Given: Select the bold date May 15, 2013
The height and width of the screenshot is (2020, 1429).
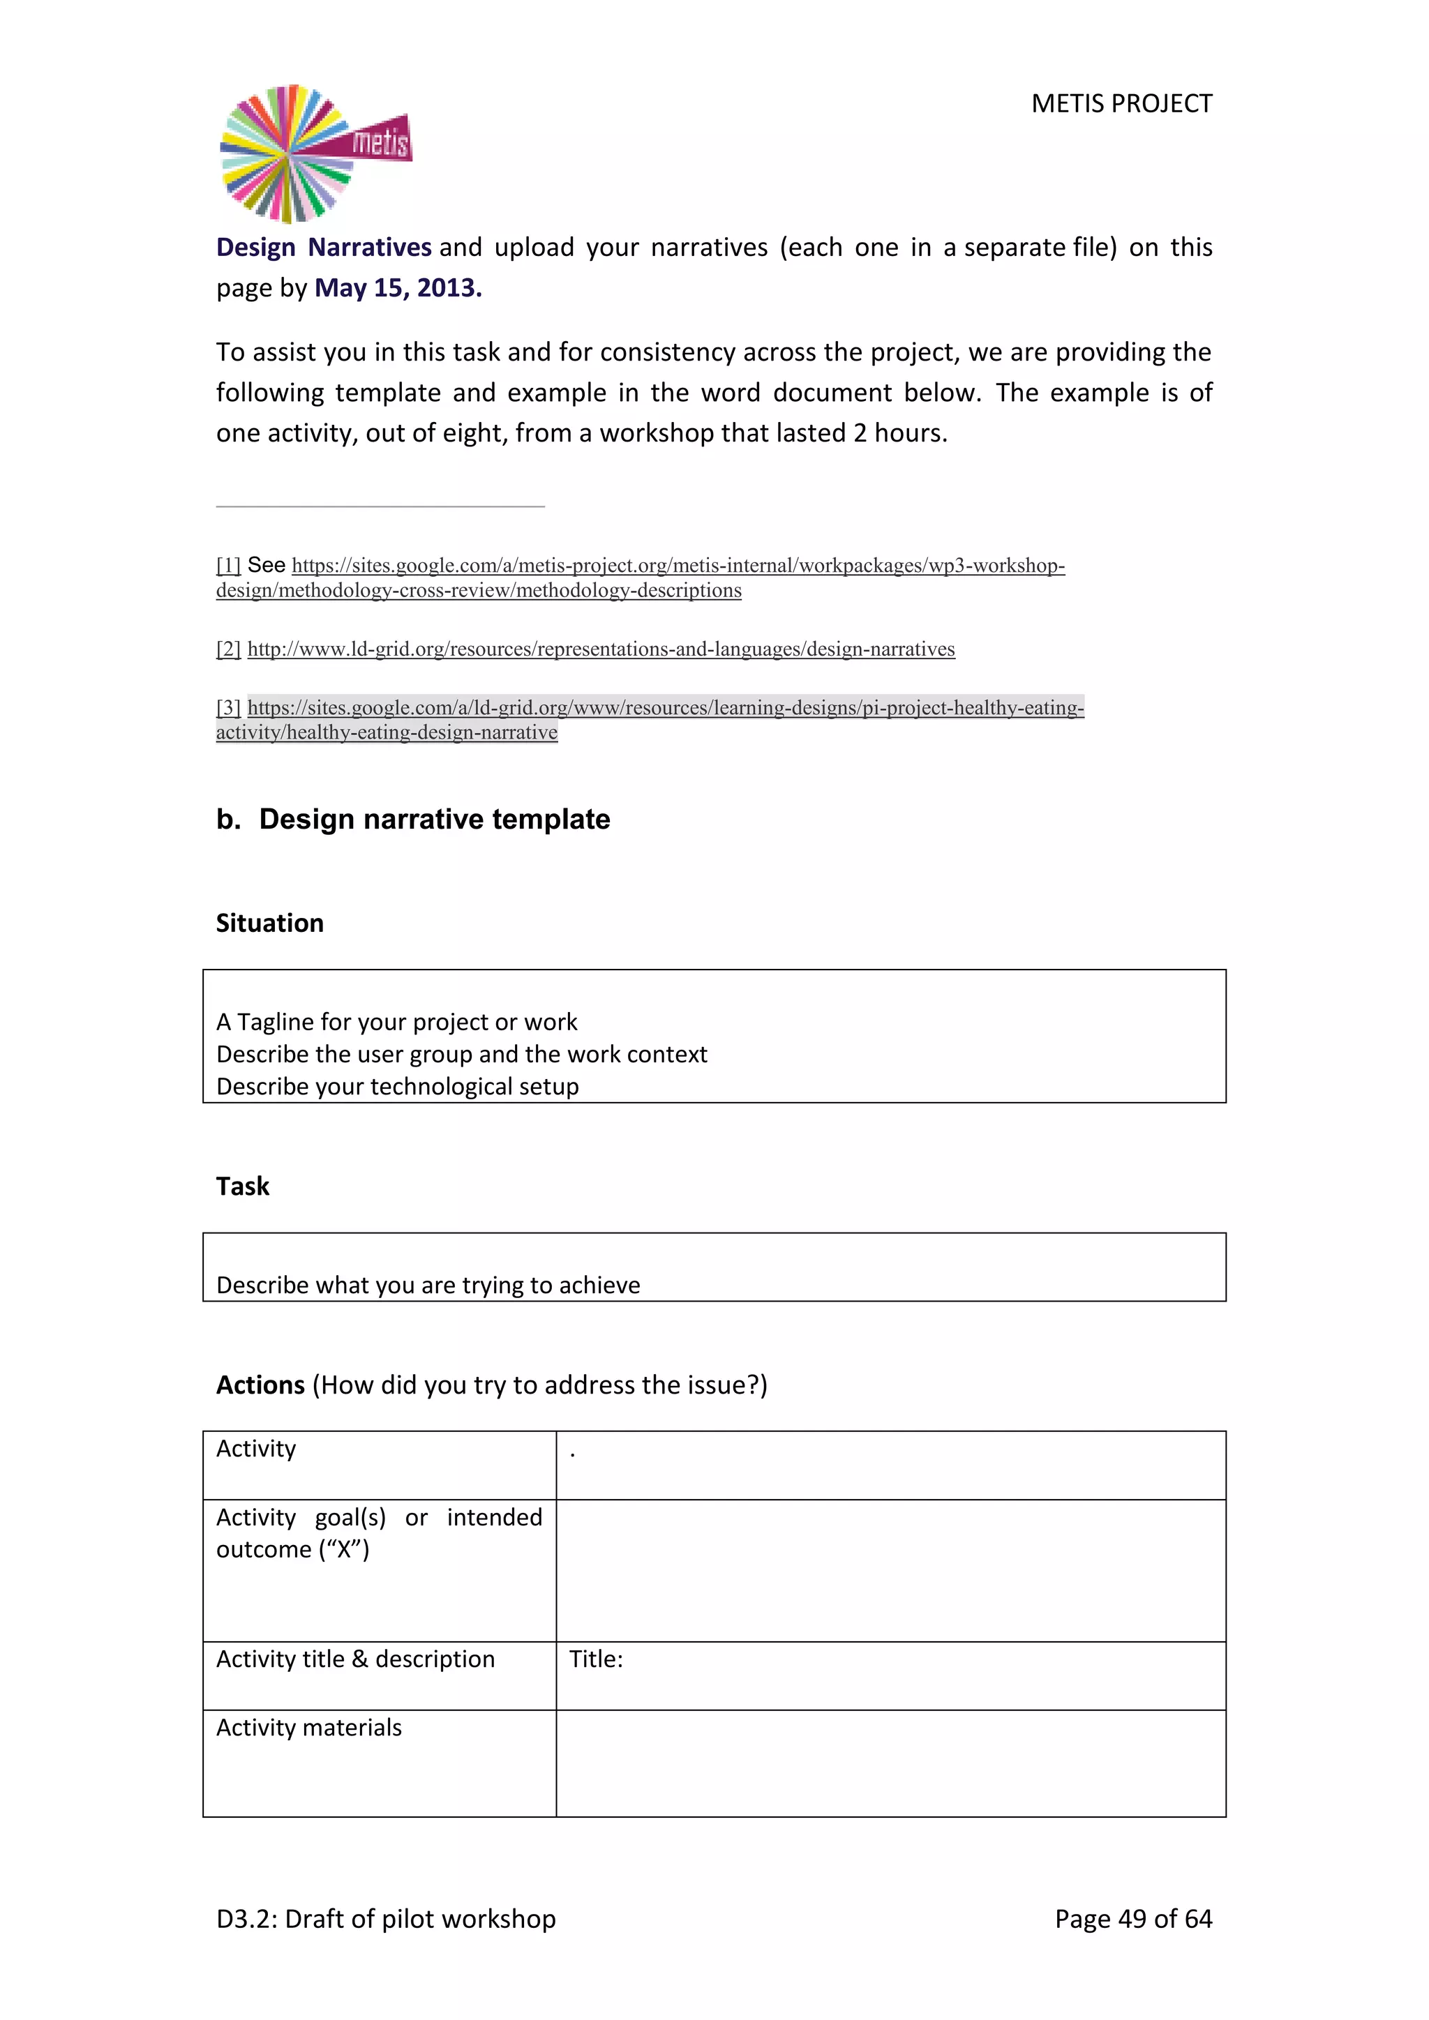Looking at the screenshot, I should click(x=398, y=287).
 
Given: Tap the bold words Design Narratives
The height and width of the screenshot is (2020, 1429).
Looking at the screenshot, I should click(x=324, y=247).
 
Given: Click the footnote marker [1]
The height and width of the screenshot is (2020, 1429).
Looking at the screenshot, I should click(x=228, y=566).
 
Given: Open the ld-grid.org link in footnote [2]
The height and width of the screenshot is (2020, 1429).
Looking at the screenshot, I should click(x=601, y=649).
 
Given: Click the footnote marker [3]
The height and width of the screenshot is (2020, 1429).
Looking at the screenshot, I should click(x=228, y=708).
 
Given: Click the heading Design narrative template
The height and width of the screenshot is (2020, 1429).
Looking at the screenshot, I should click(x=434, y=819).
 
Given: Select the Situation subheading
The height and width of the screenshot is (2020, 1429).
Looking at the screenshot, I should click(x=270, y=923).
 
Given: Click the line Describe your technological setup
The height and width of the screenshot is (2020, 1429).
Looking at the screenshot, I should click(x=398, y=1087).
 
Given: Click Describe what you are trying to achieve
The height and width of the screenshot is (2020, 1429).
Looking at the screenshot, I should click(x=428, y=1286).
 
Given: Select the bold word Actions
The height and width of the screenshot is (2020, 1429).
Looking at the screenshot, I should click(x=260, y=1385).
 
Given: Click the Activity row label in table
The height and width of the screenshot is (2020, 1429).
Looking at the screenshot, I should click(x=256, y=1449).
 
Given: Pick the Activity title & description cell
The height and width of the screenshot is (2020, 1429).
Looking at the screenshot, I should click(x=355, y=1659).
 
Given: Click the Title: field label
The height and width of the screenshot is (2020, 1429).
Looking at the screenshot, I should click(x=596, y=1659).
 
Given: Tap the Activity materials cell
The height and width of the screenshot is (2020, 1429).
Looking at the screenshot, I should click(x=309, y=1728).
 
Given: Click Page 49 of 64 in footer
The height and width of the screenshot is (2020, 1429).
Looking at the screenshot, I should click(x=1132, y=1919).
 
